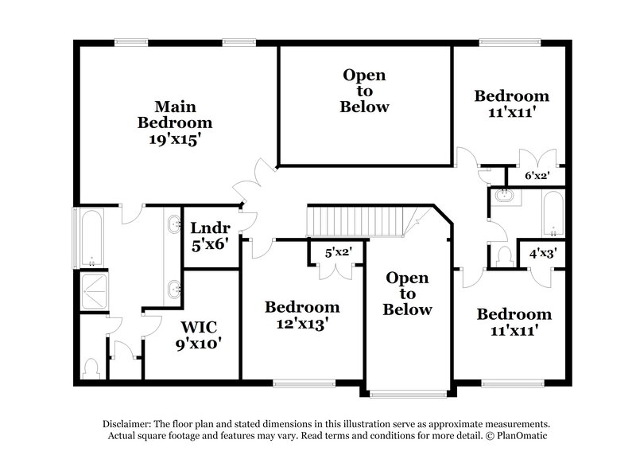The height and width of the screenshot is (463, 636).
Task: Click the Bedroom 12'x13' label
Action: (302, 315)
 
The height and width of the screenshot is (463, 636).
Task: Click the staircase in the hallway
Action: (363, 220)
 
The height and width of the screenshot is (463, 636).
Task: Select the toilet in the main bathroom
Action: (92, 368)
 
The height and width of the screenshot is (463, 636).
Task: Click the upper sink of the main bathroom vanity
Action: (173, 225)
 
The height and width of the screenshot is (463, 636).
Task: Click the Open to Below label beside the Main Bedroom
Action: (364, 91)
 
